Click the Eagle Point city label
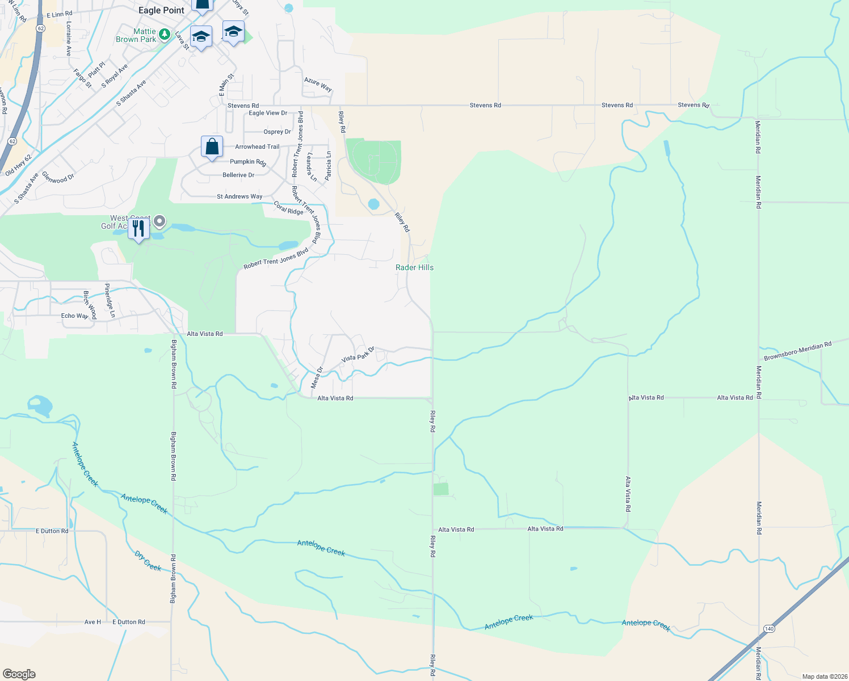pos(161,10)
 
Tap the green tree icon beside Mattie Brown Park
pos(165,35)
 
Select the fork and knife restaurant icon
pos(138,229)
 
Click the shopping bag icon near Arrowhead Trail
pos(212,147)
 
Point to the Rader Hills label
pos(414,267)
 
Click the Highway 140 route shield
pos(769,629)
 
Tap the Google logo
pos(19,674)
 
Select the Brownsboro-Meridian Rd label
pos(797,351)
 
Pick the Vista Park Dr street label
pos(358,355)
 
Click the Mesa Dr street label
pos(317,377)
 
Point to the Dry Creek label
pos(148,561)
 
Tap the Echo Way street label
pos(74,316)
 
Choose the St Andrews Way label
pos(239,196)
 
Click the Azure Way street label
pos(318,85)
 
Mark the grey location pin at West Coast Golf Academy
pos(159,221)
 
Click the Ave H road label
pos(93,622)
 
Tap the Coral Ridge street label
pos(288,208)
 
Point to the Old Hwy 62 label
pos(18,165)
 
